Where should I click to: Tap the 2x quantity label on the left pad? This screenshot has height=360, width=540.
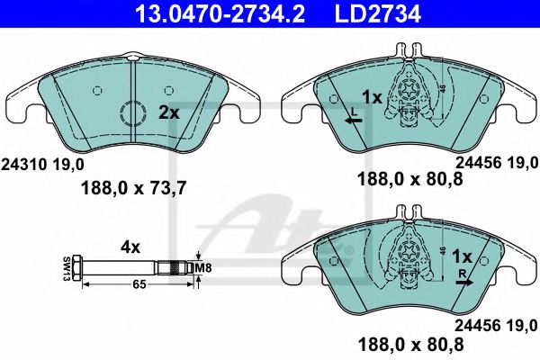[x=168, y=113]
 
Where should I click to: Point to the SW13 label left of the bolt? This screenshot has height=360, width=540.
[x=66, y=267]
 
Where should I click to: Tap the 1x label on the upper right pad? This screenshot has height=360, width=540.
[x=371, y=95]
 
